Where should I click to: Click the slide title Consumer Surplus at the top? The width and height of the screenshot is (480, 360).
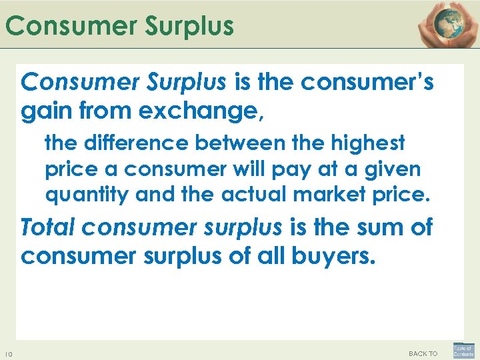120,26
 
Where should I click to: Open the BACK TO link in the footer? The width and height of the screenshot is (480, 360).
423,353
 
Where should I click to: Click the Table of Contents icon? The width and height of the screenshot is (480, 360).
463,350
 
